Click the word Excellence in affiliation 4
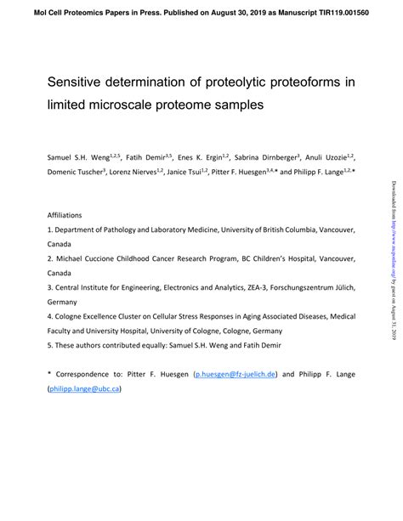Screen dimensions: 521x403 (x=99, y=315)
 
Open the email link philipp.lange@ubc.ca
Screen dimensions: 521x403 (x=86, y=388)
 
